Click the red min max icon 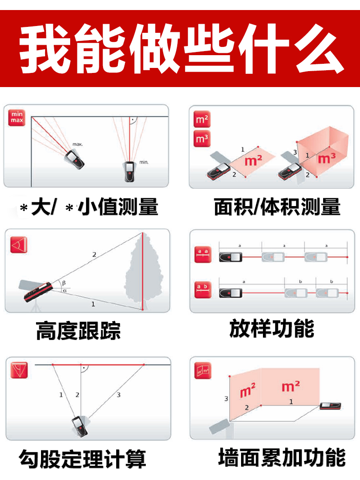click(17, 118)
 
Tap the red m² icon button click(202, 119)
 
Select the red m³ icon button click(202, 139)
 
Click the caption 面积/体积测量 click(277, 207)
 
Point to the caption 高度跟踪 click(78, 330)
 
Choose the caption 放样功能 click(272, 328)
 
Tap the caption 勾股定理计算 click(82, 459)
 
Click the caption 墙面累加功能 click(282, 457)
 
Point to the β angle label click(64, 283)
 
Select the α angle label click(65, 290)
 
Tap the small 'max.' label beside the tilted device click(78, 144)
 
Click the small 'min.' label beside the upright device click(144, 162)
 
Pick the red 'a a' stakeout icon click(203, 254)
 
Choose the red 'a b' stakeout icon click(203, 289)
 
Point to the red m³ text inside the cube click(327, 158)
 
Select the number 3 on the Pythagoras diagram click(118, 395)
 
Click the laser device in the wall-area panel click(330, 406)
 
